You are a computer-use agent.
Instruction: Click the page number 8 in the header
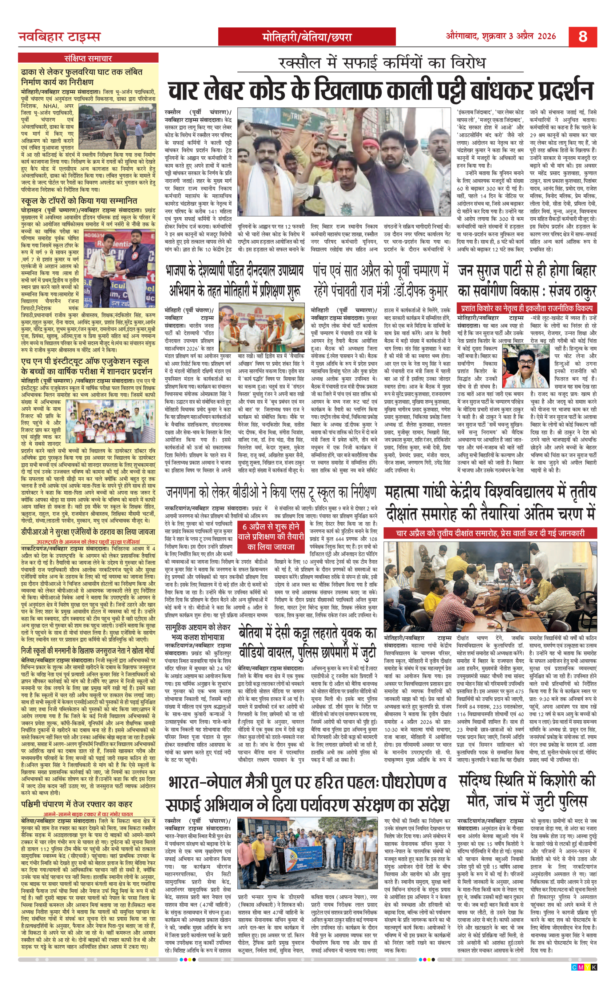click(582, 36)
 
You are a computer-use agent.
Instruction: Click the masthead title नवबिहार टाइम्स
click(59, 37)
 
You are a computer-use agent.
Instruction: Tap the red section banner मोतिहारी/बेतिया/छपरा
click(307, 37)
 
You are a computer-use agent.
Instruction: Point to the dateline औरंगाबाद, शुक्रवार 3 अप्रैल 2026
click(501, 36)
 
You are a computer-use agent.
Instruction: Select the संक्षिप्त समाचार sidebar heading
click(88, 58)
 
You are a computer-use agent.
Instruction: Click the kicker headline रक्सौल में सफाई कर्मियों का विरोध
click(382, 63)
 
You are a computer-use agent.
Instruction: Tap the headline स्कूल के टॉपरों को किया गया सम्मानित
click(79, 201)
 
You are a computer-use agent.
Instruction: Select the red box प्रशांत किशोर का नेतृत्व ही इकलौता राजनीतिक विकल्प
click(526, 309)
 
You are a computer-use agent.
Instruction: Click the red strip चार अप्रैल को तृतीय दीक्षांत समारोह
click(490, 533)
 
